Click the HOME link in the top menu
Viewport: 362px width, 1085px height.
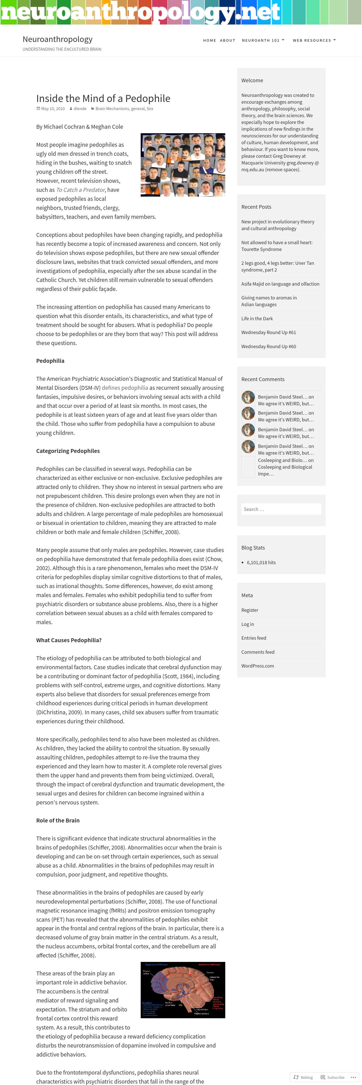pos(209,41)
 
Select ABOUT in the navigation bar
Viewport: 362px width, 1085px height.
pos(228,41)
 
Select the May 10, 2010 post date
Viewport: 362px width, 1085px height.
pos(53,109)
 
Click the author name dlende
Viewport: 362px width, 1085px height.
pos(80,109)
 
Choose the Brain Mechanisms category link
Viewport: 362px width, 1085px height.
pos(112,109)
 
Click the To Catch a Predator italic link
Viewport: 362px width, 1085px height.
pos(80,190)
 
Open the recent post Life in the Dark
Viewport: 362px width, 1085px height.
pos(257,318)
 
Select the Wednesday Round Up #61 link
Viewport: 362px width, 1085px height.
pos(268,332)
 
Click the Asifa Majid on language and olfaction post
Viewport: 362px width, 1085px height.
pos(280,284)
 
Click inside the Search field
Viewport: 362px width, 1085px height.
pos(281,509)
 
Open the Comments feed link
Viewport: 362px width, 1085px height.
pos(257,652)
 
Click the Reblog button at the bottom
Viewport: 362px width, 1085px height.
pos(303,1077)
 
